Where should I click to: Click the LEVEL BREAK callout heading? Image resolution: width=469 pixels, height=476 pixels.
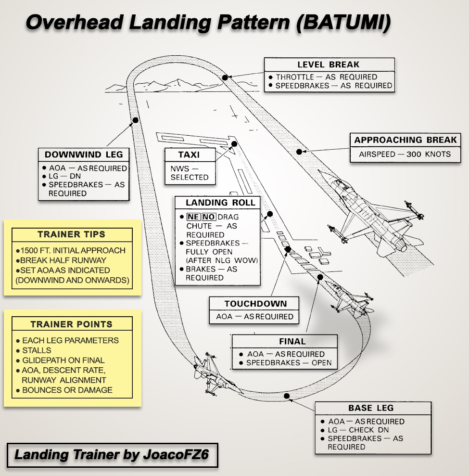(x=329, y=64)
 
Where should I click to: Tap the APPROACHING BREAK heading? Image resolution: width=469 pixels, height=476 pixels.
(x=406, y=140)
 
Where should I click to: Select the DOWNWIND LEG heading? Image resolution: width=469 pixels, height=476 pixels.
(x=84, y=154)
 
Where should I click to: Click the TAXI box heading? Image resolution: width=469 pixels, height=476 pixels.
(x=189, y=155)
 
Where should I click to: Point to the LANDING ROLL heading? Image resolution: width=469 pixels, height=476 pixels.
(x=217, y=202)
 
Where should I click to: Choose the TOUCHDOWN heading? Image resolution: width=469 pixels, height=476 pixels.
(x=255, y=304)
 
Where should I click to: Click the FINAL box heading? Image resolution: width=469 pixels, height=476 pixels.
(x=292, y=341)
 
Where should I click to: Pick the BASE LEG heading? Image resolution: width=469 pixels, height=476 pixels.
(x=371, y=408)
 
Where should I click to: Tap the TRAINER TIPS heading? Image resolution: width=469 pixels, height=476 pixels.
(x=71, y=234)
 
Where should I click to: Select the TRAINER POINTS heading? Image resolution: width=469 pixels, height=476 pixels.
(x=71, y=324)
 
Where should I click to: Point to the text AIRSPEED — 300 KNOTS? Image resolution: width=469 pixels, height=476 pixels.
(x=405, y=154)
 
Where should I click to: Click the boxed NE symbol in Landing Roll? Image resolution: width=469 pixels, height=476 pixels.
(x=193, y=217)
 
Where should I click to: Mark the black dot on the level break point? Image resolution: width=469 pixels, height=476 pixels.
(x=225, y=77)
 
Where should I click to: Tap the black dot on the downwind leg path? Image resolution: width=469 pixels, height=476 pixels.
(x=136, y=120)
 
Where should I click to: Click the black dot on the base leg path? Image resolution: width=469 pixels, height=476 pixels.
(x=287, y=396)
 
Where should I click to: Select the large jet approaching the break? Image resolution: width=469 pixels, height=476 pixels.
(x=371, y=212)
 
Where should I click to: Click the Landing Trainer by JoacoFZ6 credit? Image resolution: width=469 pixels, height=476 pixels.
(x=112, y=455)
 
